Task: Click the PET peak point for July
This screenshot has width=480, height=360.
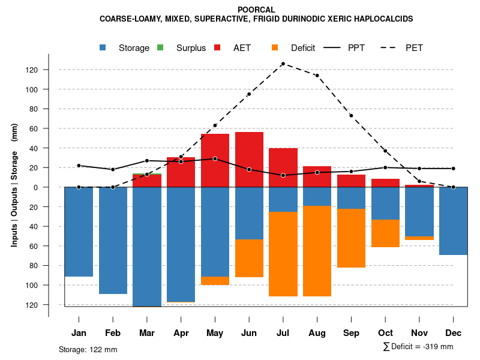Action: [283, 64]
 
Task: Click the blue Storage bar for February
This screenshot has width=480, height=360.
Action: [113, 240]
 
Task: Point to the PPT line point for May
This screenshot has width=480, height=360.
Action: [215, 159]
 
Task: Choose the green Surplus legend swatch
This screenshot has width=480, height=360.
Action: [160, 47]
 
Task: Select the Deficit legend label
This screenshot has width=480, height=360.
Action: [302, 48]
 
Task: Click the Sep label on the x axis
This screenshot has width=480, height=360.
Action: [351, 332]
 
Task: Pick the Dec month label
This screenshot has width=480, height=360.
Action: [454, 332]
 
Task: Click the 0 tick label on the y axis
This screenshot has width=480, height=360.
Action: [35, 187]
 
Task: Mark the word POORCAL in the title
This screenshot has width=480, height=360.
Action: [256, 10]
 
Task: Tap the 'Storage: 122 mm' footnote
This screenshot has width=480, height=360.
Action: [88, 349]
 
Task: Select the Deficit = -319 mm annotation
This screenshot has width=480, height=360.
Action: [418, 347]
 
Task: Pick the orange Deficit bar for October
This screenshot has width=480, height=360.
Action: [385, 233]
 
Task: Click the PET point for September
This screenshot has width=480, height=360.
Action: [351, 115]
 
